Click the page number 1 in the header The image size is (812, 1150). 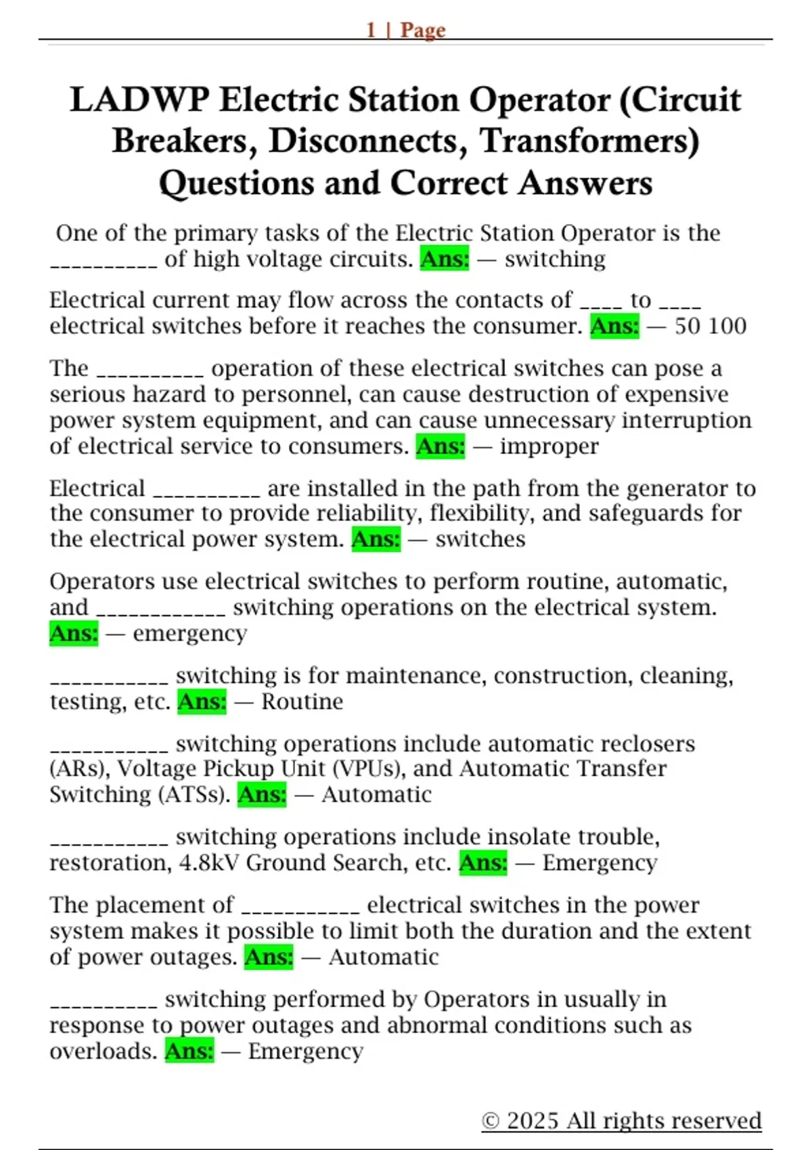(x=371, y=30)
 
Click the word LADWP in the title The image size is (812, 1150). (x=139, y=100)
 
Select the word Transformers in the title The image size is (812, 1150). (x=589, y=141)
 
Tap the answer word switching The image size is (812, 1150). (x=555, y=259)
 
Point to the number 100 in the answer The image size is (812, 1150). (x=728, y=326)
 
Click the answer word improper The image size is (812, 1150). (x=549, y=446)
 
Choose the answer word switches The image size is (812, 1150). (x=480, y=539)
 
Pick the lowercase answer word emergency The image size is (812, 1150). (x=189, y=633)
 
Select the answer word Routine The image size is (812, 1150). (x=302, y=701)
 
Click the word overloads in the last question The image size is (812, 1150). (x=103, y=1051)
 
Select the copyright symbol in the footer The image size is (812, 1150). (x=490, y=1121)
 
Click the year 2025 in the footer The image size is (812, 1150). (x=533, y=1121)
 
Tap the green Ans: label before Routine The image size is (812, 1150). (x=202, y=701)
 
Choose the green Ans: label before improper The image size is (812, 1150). (x=441, y=446)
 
